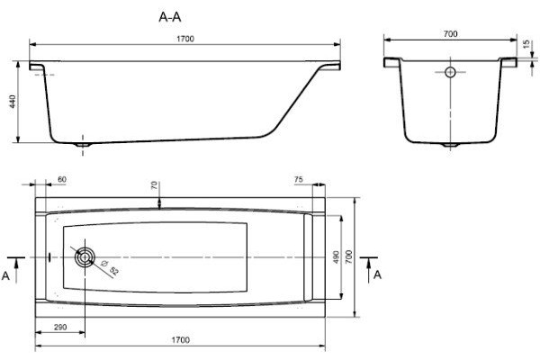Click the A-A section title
[170, 16]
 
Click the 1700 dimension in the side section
[185, 39]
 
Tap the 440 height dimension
[13, 102]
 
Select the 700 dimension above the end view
[451, 34]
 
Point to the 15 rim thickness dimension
[526, 44]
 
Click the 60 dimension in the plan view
[62, 179]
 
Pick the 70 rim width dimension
[154, 185]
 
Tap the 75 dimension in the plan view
[299, 179]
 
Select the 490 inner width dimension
[336, 257]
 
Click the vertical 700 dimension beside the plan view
[348, 257]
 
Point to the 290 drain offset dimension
[60, 327]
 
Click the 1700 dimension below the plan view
[181, 340]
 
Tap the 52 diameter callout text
[114, 271]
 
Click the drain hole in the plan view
[85, 257]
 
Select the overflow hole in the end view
[450, 72]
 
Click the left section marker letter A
[6, 276]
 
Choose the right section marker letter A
[378, 274]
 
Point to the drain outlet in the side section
[83, 145]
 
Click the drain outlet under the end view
[450, 145]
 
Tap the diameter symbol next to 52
[103, 263]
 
